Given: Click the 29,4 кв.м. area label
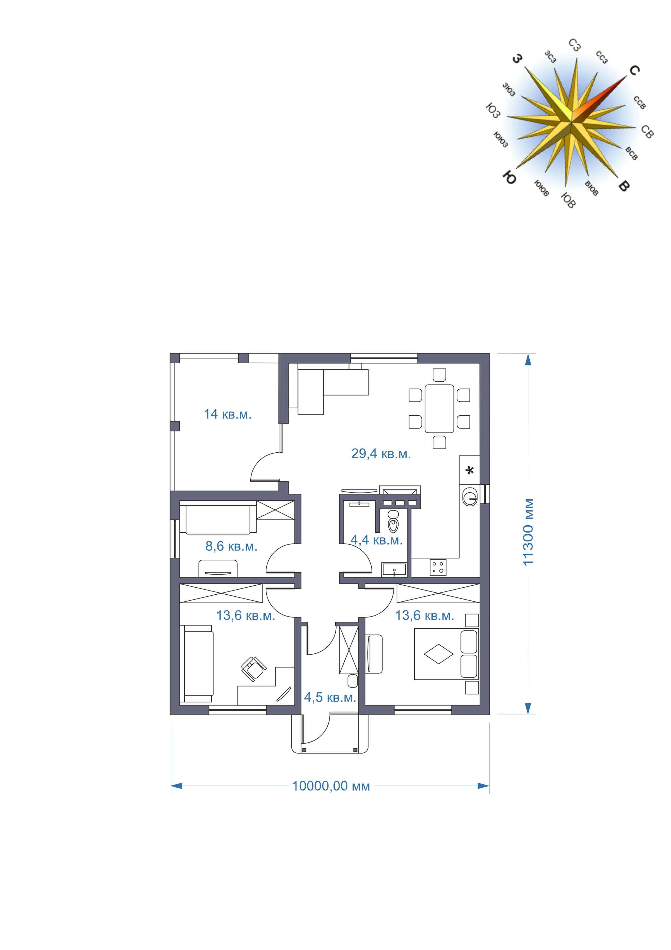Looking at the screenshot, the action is click(381, 454).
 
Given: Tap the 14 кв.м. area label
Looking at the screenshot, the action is click(227, 414).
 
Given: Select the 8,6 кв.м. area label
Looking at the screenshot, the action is click(231, 546).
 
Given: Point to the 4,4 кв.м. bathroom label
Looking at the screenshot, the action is click(376, 540).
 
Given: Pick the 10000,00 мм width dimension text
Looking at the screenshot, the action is click(331, 786).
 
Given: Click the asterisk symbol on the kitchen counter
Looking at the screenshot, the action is click(470, 471).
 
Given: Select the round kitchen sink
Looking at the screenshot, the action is click(470, 497).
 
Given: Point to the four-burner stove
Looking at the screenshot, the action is click(438, 567).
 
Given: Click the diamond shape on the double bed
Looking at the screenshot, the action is click(438, 654).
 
